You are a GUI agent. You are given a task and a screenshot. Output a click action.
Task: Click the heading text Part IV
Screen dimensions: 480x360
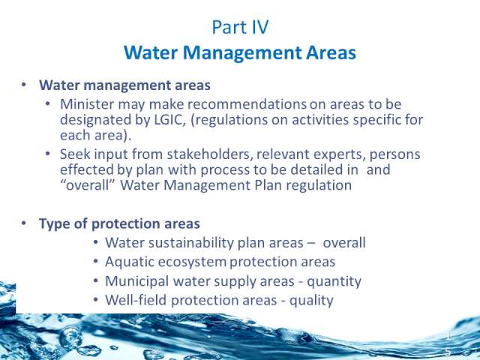pos(240,27)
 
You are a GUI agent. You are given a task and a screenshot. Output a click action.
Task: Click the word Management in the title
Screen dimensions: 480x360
pos(242,52)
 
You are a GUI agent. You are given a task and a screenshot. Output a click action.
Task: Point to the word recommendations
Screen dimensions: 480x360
pos(247,104)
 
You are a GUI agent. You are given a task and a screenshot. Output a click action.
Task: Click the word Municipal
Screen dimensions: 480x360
pos(136,281)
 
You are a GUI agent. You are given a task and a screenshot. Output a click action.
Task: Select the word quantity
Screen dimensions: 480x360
pos(334,282)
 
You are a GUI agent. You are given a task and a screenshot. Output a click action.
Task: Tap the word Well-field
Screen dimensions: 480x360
pos(136,300)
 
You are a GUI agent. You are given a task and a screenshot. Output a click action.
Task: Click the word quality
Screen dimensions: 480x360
pos(311,301)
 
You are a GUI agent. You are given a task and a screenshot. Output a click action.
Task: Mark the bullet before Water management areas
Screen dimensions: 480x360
pos(24,85)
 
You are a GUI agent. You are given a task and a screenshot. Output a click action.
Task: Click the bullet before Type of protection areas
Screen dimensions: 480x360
pos(24,223)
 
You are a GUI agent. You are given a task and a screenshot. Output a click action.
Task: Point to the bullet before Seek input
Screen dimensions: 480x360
pos(47,153)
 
